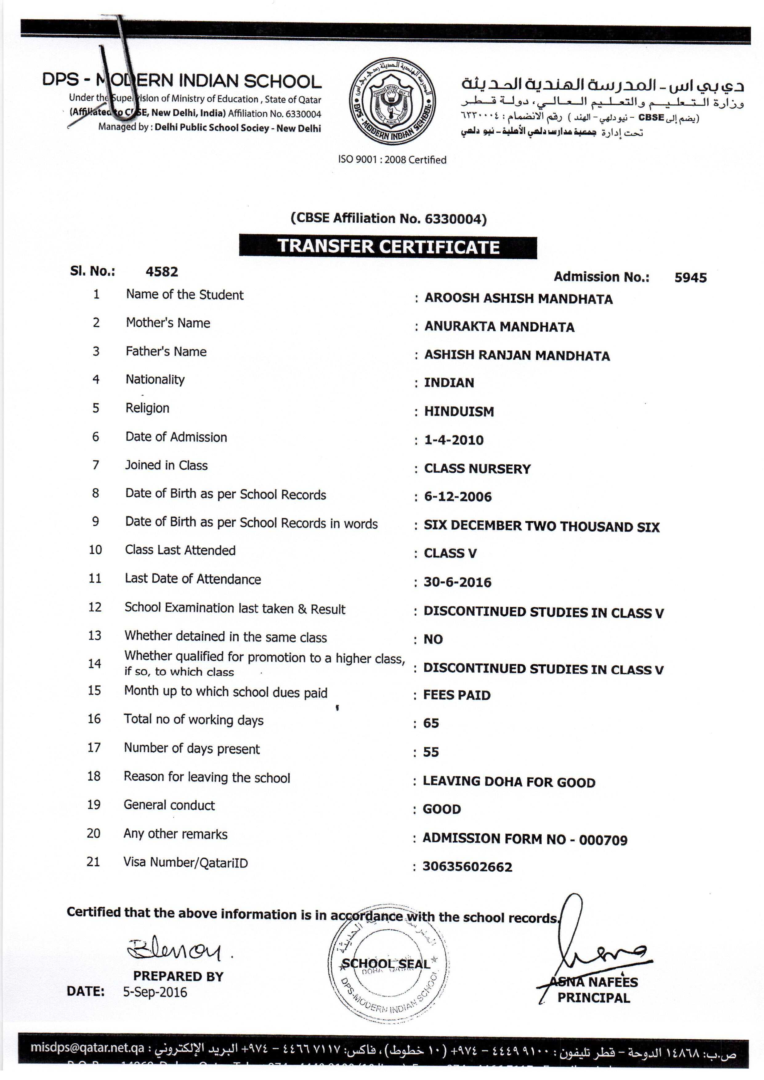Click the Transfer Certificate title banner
pos(388,246)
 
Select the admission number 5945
pos(690,277)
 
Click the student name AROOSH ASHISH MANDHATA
pos(519,299)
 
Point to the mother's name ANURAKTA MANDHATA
pos(499,327)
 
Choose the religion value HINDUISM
pos(459,412)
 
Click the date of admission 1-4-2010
pos(454,440)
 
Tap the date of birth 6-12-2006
pos(458,497)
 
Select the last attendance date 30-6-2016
pos(457,582)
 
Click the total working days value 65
pos(431,723)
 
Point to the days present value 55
pos(431,752)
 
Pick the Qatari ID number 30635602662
pos(467,867)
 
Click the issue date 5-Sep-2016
pos(155,993)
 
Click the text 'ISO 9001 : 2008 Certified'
pos(392,160)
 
